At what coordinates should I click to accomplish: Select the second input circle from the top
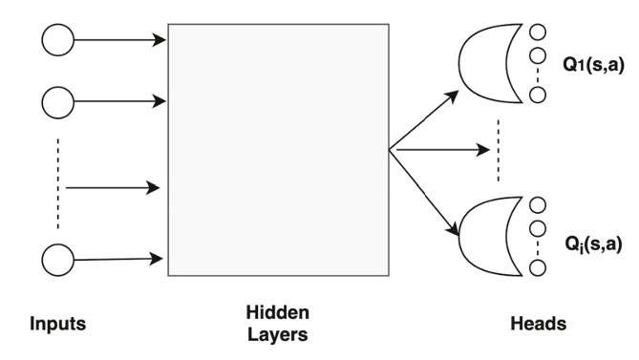point(57,98)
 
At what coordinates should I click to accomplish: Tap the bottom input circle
point(57,258)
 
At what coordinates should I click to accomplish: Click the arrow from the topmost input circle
point(119,40)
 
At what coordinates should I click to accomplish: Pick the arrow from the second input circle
point(119,98)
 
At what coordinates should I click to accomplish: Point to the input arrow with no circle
point(112,188)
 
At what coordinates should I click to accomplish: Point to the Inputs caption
point(57,324)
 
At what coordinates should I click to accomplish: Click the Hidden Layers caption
point(277,324)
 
